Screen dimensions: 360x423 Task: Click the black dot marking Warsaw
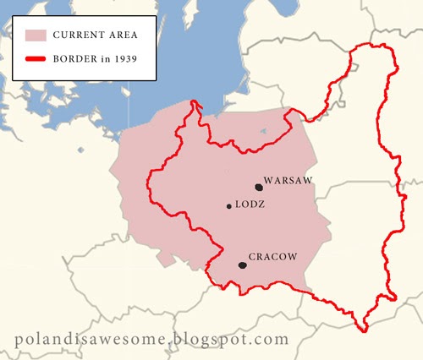(x=258, y=187)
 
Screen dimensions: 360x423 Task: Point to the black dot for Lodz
(x=228, y=206)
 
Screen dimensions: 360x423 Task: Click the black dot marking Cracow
(x=243, y=265)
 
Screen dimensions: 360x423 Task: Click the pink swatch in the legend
(x=35, y=36)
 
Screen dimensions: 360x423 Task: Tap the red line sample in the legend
(x=35, y=60)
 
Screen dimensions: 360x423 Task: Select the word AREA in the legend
(x=120, y=36)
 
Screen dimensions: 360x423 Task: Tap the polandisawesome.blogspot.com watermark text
(x=152, y=339)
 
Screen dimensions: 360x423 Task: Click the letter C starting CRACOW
(x=252, y=257)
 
